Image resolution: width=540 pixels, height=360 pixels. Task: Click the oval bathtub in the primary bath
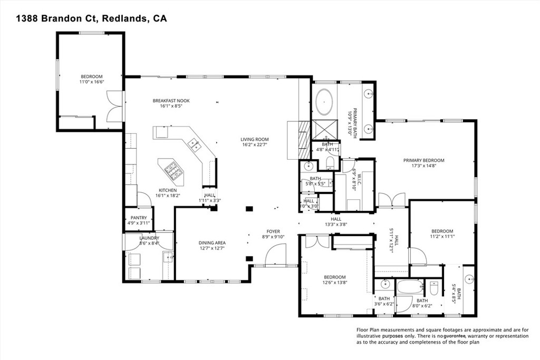click(324, 102)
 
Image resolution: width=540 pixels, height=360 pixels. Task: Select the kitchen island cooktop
click(171, 169)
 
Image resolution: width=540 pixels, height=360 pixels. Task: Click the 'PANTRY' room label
click(138, 218)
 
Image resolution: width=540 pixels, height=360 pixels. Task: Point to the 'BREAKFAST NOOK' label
click(171, 101)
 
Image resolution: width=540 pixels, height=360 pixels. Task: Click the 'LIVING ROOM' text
click(255, 139)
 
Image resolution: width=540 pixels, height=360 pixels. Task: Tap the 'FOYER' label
click(273, 231)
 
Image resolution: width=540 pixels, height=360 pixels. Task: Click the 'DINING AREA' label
click(212, 242)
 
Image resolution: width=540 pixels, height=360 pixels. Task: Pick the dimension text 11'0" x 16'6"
click(91, 82)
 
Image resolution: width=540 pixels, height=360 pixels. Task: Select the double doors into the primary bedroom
click(391, 200)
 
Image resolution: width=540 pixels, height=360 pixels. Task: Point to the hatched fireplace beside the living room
click(302, 139)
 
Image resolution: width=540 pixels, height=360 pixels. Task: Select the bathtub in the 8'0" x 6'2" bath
click(409, 288)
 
